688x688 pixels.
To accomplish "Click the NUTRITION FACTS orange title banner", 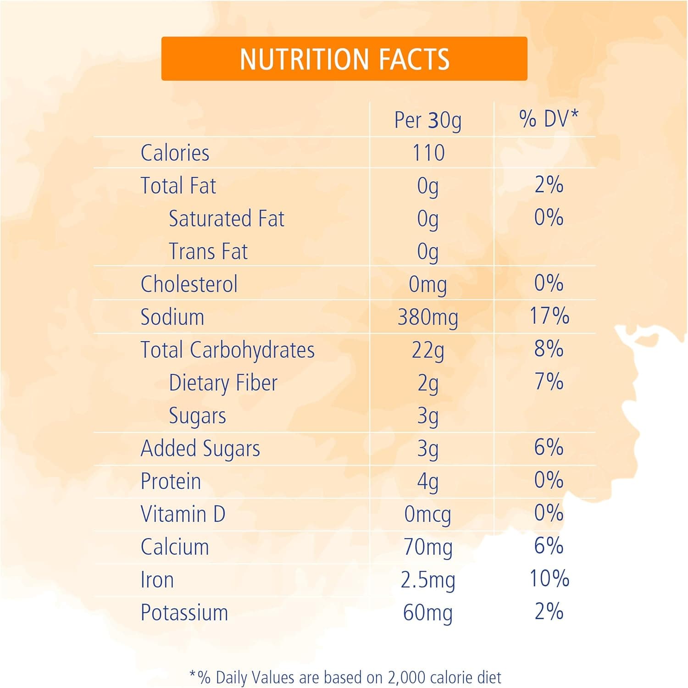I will tap(344, 59).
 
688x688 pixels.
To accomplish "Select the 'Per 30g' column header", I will tap(427, 120).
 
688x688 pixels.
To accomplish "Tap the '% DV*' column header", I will tap(549, 119).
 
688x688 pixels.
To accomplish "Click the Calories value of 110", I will tap(428, 153).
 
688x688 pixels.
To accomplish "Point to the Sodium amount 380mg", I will tap(427, 317).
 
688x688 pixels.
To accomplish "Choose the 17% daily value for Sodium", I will tap(549, 316).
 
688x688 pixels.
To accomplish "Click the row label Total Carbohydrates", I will tap(227, 350).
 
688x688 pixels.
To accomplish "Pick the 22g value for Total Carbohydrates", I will tap(427, 351).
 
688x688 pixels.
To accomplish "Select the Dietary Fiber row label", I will tap(223, 383).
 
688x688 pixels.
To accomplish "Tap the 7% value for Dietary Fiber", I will tap(549, 382).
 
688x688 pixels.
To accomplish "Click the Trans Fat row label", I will tap(208, 251).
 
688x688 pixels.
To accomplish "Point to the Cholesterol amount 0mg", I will tap(427, 284).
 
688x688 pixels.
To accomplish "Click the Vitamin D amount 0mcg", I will tap(427, 515).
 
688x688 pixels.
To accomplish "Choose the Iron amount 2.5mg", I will tap(427, 580).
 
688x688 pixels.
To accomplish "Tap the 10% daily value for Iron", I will tap(549, 578).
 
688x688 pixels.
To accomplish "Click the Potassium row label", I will tap(184, 613).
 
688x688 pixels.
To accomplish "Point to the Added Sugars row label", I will tap(200, 449).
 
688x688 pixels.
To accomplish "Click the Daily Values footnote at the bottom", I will tap(345, 677).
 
